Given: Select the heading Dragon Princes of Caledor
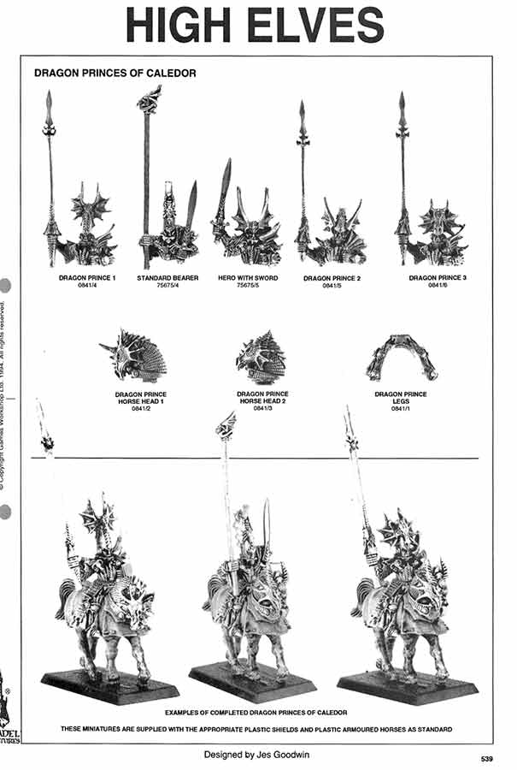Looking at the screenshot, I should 115,74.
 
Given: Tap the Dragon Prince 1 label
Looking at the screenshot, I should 87,278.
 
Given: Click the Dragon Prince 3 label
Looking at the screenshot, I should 437,278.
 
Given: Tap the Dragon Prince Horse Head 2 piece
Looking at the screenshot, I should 262,357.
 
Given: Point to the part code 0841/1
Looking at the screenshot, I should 401,410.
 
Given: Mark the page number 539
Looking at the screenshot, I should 487,758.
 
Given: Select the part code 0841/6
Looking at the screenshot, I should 437,286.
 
